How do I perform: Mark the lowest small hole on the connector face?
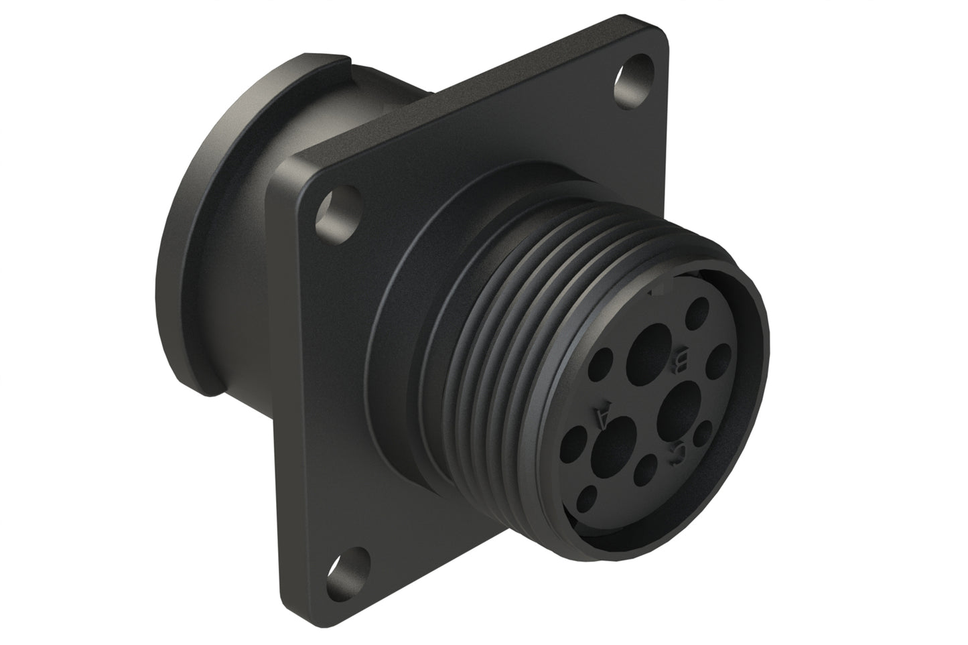click(588, 496)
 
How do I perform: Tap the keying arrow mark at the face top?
click(660, 289)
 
